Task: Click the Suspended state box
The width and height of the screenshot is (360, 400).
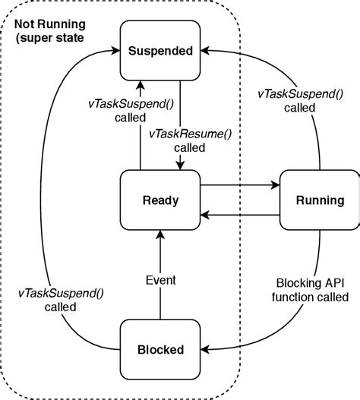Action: (x=160, y=52)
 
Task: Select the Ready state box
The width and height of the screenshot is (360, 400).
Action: (x=160, y=200)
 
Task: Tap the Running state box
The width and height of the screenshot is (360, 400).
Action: (x=317, y=200)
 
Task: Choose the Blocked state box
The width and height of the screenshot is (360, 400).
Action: (x=160, y=350)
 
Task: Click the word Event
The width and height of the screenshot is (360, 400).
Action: (x=160, y=280)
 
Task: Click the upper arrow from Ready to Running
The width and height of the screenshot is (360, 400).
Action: (x=239, y=184)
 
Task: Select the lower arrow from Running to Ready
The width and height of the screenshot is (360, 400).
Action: (x=239, y=216)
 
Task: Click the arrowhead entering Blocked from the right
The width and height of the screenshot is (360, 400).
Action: (x=207, y=350)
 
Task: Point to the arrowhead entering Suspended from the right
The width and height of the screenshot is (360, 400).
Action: (x=207, y=51)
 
